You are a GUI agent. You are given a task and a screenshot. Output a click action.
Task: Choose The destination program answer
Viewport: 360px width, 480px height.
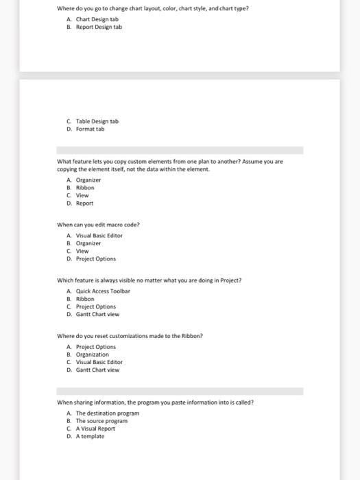[108, 413]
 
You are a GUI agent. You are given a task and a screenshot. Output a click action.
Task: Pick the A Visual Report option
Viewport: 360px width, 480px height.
[96, 429]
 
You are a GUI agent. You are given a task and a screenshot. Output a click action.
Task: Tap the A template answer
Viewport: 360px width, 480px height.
[91, 436]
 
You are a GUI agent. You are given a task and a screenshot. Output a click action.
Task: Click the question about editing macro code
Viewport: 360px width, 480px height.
[98, 224]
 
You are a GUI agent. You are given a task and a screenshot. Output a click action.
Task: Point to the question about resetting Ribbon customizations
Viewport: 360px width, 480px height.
[130, 336]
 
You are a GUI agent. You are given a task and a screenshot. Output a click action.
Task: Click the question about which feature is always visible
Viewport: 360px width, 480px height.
[149, 280]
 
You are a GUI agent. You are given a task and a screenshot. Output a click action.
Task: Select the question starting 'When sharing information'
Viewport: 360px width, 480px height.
[155, 403]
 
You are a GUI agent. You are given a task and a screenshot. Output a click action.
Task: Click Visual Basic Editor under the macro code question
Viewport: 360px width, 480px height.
[99, 235]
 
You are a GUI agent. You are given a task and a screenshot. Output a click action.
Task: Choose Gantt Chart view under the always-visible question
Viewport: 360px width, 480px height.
[97, 314]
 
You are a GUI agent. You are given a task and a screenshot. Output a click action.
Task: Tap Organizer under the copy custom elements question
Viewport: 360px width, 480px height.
[88, 180]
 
